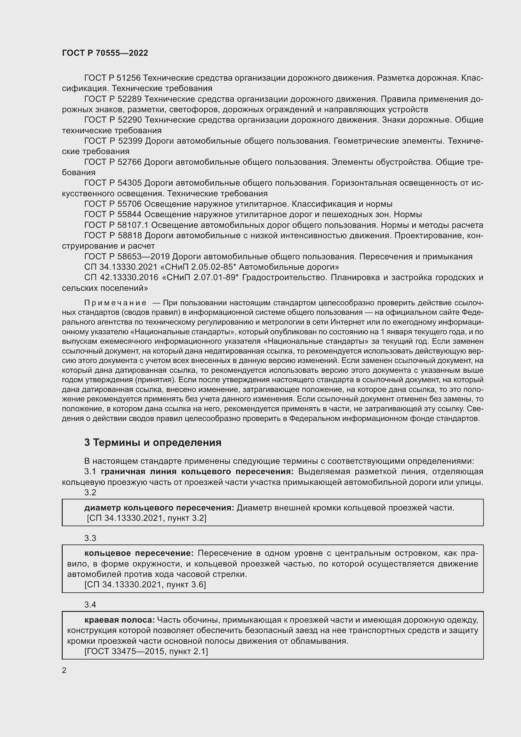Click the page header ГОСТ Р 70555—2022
click(105, 53)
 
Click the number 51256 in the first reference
click(128, 78)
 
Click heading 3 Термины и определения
click(153, 442)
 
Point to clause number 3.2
click(90, 492)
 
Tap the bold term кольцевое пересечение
click(139, 553)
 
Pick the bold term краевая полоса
click(119, 619)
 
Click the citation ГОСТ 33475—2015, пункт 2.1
click(146, 651)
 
